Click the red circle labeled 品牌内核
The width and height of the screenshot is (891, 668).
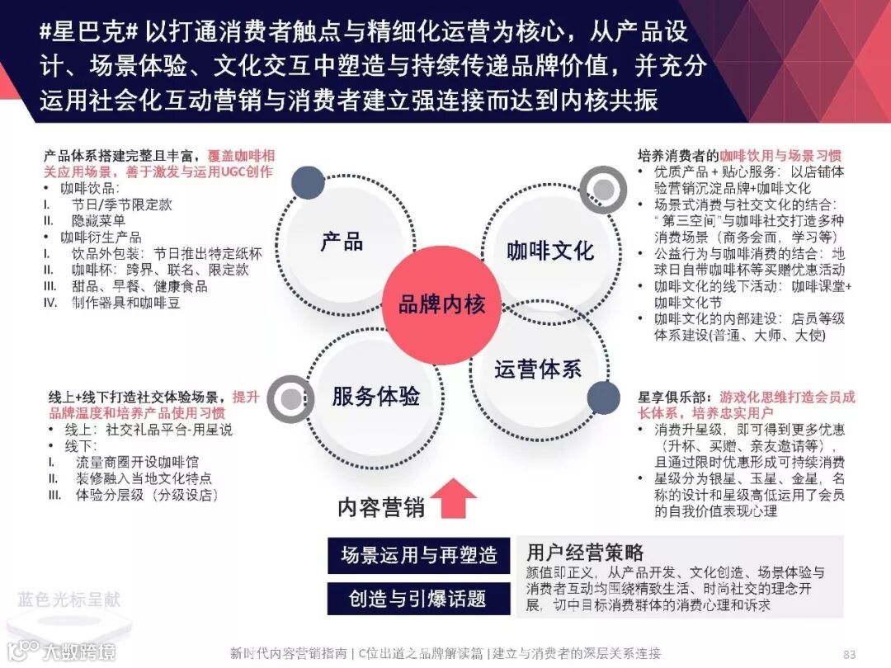tap(441, 304)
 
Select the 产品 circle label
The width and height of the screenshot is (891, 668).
tap(342, 241)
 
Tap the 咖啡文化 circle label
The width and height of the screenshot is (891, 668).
tap(549, 250)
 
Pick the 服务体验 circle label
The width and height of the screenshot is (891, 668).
tap(375, 396)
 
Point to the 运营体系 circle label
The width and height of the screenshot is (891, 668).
tap(538, 369)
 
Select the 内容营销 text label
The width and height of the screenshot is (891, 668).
tap(381, 506)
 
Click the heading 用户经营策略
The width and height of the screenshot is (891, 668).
tap(585, 553)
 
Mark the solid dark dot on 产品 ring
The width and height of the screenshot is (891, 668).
tap(308, 183)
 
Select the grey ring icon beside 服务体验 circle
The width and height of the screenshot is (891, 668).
tap(290, 398)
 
